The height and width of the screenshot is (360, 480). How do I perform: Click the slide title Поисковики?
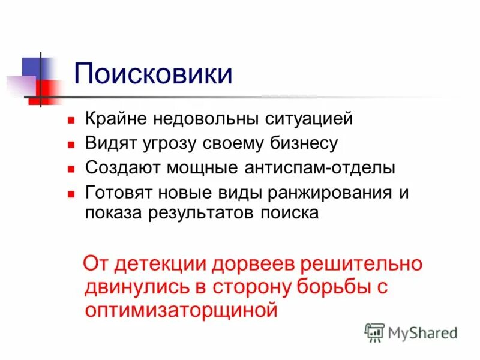pyautogui.click(x=153, y=74)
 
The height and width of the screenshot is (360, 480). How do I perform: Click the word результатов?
pyautogui.click(x=193, y=213)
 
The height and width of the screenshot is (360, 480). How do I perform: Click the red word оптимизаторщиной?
pyautogui.click(x=181, y=310)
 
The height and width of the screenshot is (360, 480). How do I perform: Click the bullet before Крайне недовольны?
pyautogui.click(x=70, y=119)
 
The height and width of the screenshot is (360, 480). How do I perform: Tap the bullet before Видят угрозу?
pyautogui.click(x=70, y=145)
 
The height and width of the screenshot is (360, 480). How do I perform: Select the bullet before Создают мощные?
pyautogui.click(x=70, y=169)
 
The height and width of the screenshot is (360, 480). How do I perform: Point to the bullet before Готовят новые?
pyautogui.click(x=70, y=194)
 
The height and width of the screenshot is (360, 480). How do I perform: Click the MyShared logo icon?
pyautogui.click(x=374, y=332)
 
